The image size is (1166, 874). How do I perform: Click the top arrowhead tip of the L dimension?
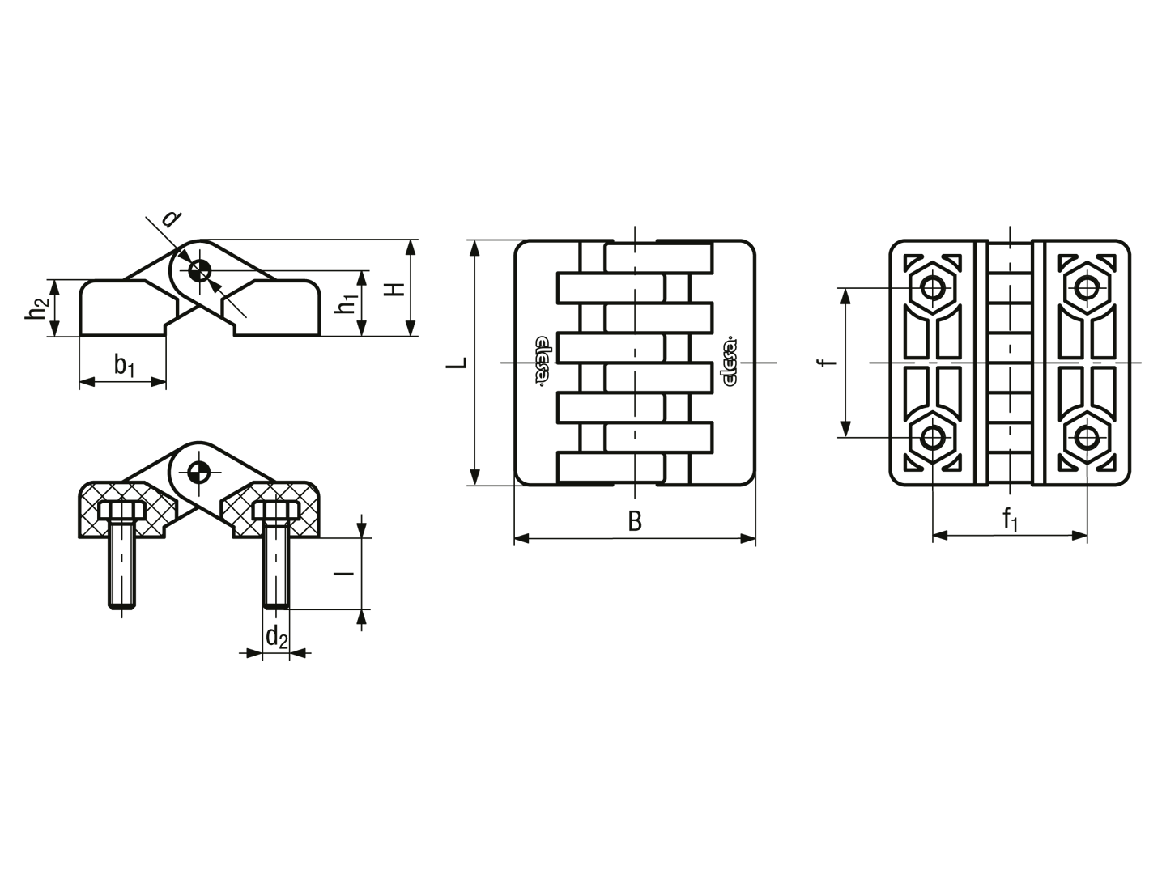pyautogui.click(x=475, y=240)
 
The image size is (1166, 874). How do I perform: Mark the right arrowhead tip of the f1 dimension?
pyautogui.click(x=1087, y=536)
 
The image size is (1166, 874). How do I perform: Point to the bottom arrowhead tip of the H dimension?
pyautogui.click(x=411, y=336)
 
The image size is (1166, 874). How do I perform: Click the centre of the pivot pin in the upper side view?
pyautogui.click(x=199, y=272)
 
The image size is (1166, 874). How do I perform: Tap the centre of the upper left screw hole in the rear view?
pyautogui.click(x=932, y=288)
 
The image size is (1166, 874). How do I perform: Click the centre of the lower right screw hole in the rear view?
pyautogui.click(x=1087, y=437)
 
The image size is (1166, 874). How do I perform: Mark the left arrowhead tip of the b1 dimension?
pyautogui.click(x=79, y=381)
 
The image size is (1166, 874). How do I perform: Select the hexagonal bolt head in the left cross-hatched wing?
pyautogui.click(x=121, y=511)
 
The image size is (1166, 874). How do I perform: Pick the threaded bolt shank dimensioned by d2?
pyautogui.click(x=276, y=563)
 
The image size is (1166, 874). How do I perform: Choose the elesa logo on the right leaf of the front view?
pyautogui.click(x=728, y=363)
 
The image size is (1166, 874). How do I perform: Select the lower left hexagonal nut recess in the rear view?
pyautogui.click(x=932, y=437)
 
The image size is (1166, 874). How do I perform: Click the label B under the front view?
pyautogui.click(x=635, y=521)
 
